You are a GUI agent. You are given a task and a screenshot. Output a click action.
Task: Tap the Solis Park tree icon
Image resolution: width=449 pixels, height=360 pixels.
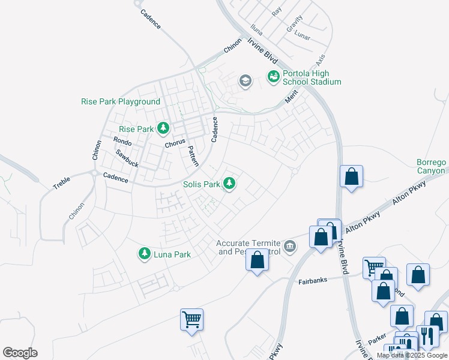click(x=229, y=183)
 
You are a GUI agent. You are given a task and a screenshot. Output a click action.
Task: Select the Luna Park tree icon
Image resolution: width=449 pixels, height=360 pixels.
click(x=144, y=254)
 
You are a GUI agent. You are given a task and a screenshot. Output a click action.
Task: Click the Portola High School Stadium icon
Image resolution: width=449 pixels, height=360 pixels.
click(x=273, y=76)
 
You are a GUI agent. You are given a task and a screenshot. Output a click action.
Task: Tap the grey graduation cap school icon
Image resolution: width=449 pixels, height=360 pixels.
click(x=244, y=80)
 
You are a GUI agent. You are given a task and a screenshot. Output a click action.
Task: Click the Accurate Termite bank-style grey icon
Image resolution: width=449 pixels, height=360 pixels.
click(x=289, y=246)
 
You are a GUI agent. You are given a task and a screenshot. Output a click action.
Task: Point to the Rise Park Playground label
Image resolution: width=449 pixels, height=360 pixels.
click(x=121, y=102)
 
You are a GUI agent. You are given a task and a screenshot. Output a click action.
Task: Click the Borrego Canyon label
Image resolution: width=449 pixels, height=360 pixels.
click(x=432, y=167)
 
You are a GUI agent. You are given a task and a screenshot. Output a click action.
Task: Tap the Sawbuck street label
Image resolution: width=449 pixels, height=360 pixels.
click(x=127, y=158)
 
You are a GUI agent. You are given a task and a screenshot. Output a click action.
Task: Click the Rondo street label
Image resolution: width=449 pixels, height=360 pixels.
click(x=122, y=140)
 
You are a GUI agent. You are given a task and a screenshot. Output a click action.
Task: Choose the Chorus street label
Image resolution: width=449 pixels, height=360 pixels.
click(x=175, y=145)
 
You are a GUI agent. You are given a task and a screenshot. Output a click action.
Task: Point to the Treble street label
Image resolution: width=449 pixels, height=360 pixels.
click(x=62, y=182)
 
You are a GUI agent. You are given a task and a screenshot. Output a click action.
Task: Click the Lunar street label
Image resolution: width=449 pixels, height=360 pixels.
click(x=302, y=35)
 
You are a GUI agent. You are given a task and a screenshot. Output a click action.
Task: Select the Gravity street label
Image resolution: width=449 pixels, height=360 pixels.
click(x=294, y=24)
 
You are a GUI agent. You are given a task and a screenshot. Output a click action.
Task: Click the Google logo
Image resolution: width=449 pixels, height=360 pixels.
click(x=20, y=353)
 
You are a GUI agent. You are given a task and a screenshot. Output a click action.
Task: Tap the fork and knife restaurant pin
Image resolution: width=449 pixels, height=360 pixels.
click(x=427, y=335)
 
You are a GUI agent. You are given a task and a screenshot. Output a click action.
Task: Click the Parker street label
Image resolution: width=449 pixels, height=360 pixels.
click(x=377, y=339)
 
